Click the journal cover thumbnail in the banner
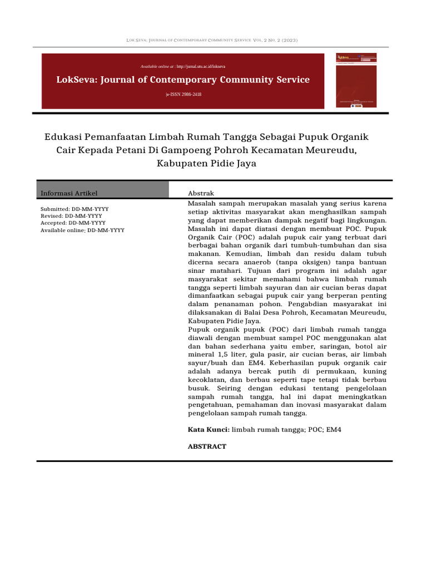[x=356, y=80]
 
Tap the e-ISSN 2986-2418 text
[x=183, y=95]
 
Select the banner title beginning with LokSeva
[x=183, y=80]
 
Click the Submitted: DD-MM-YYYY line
[x=75, y=209]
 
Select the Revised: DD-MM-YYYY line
[x=71, y=215]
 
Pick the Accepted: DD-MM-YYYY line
[x=73, y=223]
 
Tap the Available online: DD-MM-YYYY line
[x=82, y=230]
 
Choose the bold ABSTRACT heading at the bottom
[x=207, y=446]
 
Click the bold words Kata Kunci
[x=208, y=430]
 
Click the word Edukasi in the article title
[x=63, y=137]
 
